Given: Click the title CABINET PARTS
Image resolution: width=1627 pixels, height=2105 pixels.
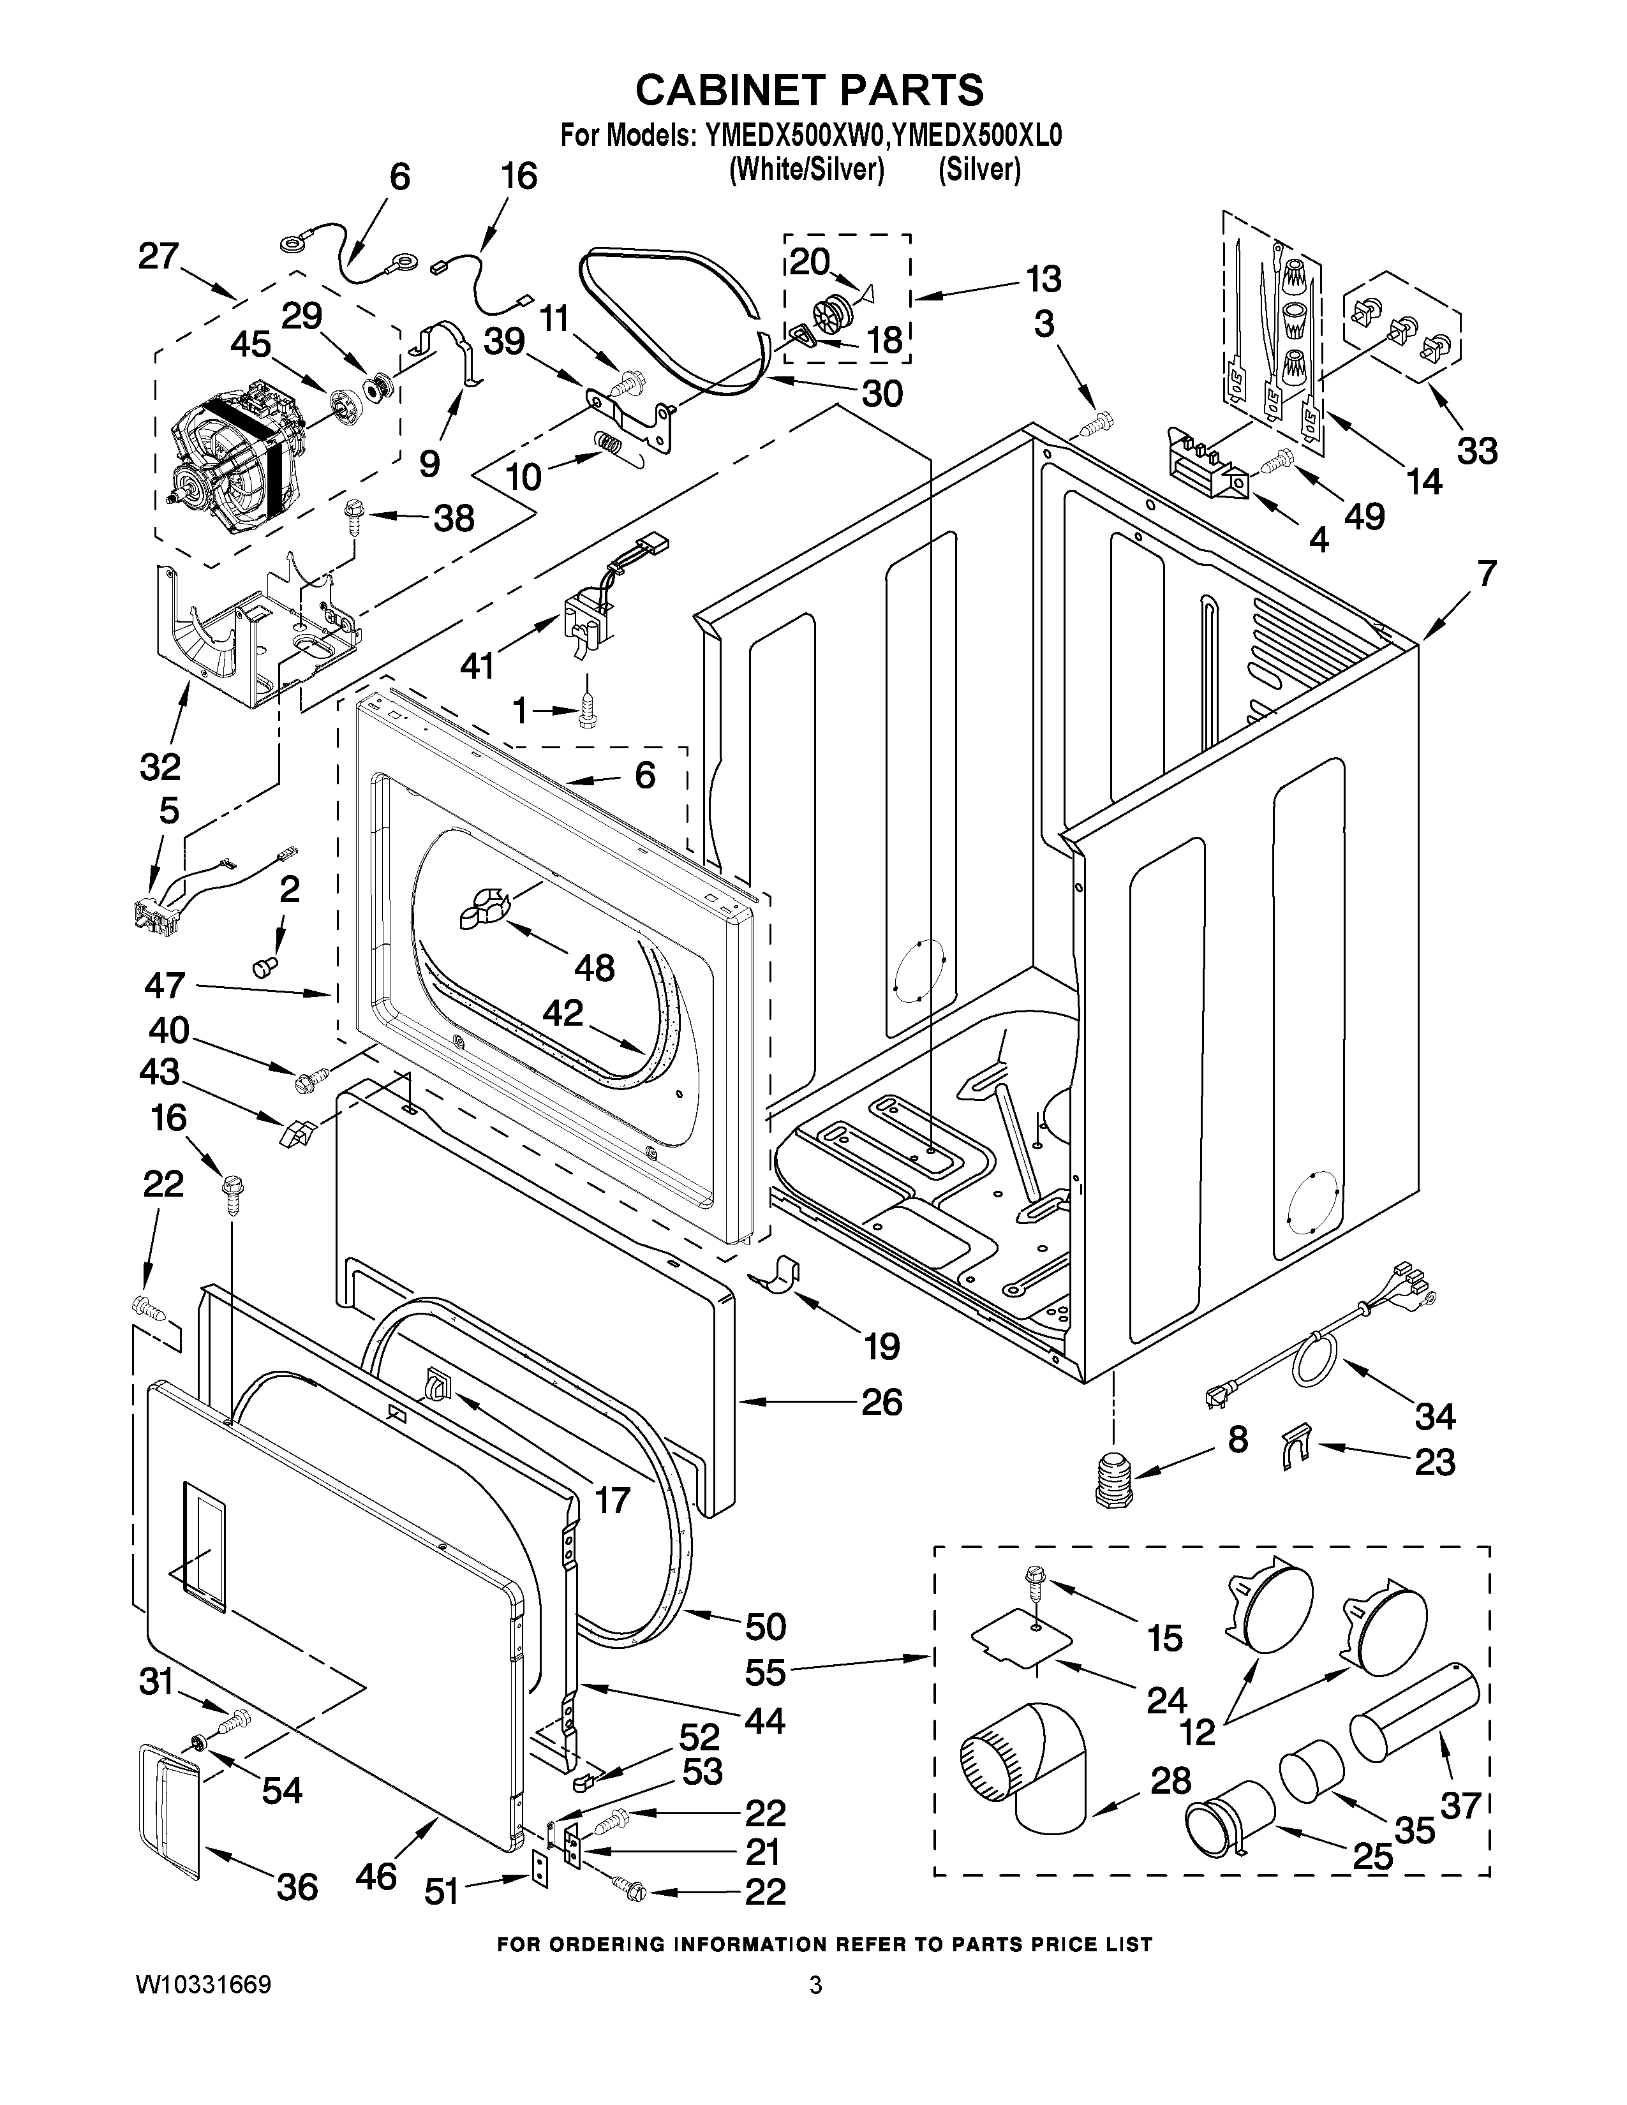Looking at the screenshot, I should click(810, 90).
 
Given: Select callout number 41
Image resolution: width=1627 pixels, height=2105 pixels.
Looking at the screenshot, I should click(477, 664).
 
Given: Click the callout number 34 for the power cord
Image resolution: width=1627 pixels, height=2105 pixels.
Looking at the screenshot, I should click(1435, 1416).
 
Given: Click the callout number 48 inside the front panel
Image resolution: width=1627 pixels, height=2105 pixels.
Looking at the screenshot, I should click(595, 967).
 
